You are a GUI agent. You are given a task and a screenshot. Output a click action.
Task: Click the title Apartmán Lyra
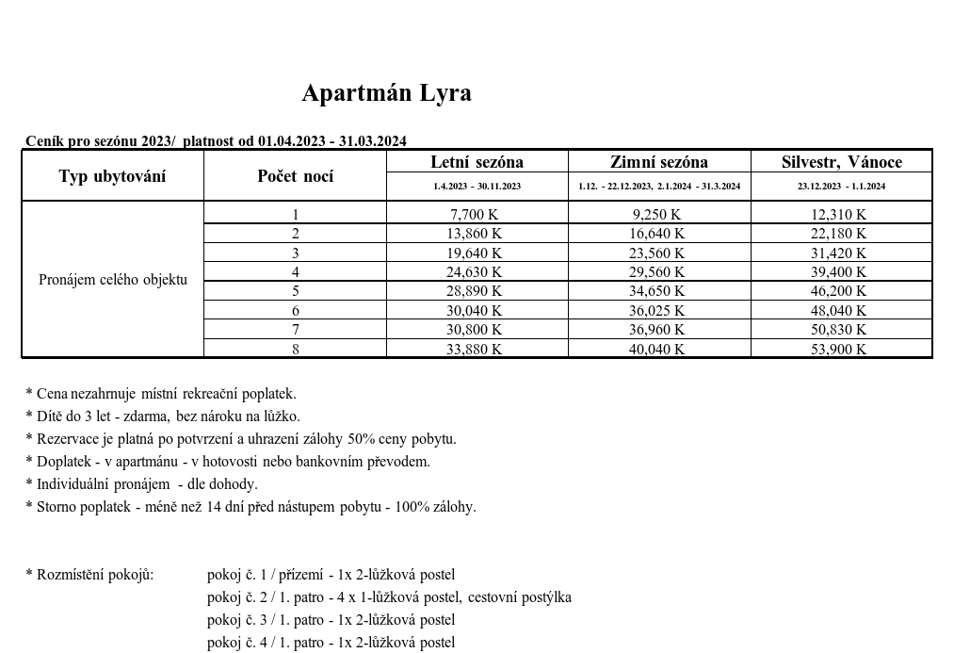[386, 93]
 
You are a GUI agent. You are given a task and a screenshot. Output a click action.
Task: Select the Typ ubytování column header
[112, 176]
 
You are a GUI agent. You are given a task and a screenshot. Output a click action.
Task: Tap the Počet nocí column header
[295, 176]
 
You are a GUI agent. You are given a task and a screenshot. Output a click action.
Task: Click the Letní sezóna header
[477, 162]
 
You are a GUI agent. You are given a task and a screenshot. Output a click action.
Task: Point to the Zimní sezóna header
[659, 162]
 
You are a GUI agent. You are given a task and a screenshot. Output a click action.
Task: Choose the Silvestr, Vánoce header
[842, 162]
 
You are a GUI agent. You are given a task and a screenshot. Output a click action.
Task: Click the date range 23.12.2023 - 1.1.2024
[841, 187]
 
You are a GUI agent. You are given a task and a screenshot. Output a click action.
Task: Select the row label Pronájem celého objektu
[113, 280]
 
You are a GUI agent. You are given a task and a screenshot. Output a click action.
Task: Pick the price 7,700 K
[476, 215]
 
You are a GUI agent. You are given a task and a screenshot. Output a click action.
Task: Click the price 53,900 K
[839, 350]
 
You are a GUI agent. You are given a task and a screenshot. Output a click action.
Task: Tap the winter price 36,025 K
[657, 311]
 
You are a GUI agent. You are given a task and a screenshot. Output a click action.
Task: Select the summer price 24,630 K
[476, 272]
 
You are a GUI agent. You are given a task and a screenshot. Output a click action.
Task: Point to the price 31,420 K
[839, 253]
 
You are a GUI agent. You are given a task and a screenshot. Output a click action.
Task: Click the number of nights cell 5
[295, 291]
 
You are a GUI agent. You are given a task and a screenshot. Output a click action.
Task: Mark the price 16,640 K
[657, 234]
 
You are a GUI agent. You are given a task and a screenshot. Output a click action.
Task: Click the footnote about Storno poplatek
[251, 507]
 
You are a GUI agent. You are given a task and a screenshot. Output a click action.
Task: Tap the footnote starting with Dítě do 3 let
[163, 416]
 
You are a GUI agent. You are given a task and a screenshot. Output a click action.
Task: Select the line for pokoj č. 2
[389, 597]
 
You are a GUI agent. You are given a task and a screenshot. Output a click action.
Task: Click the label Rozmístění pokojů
[89, 575]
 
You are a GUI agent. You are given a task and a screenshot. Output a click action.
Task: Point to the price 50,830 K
[839, 330]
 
